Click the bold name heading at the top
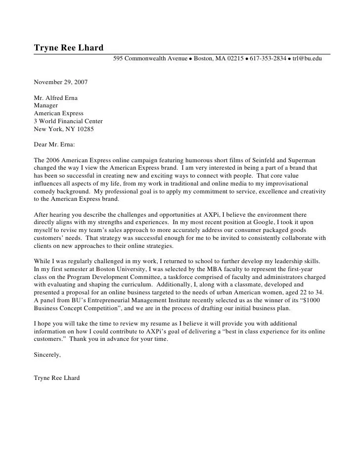pos(68,48)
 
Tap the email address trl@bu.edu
pos(307,59)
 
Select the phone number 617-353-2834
pos(268,59)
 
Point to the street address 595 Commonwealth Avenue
pos(150,59)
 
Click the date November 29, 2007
pos(61,82)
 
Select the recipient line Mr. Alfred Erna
pos(55,98)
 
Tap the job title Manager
pos(45,105)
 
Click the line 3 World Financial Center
pos(68,121)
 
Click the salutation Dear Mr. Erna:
pos(55,145)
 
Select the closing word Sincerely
pos(47,355)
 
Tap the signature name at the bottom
pos(56,378)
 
